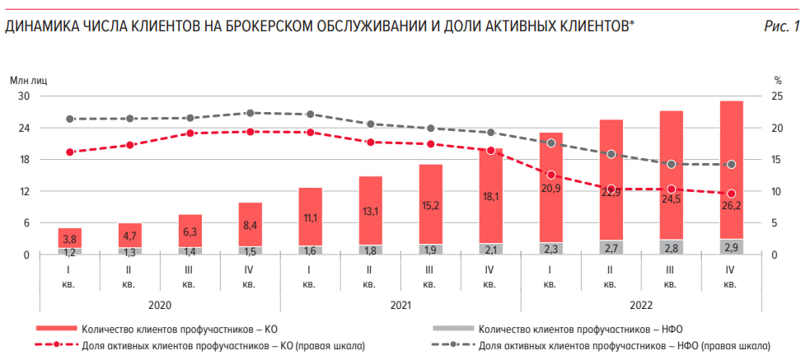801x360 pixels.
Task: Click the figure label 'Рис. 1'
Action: pyautogui.click(x=780, y=26)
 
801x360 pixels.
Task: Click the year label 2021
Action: pyautogui.click(x=400, y=305)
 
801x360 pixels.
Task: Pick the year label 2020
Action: pyautogui.click(x=160, y=305)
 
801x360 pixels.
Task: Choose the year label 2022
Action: pyautogui.click(x=641, y=305)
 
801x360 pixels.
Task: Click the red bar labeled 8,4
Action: pyautogui.click(x=250, y=224)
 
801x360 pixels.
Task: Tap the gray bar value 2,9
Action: pyautogui.click(x=730, y=247)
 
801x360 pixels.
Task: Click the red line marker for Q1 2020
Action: pyautogui.click(x=70, y=152)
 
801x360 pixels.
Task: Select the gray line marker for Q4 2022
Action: pyautogui.click(x=731, y=165)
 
